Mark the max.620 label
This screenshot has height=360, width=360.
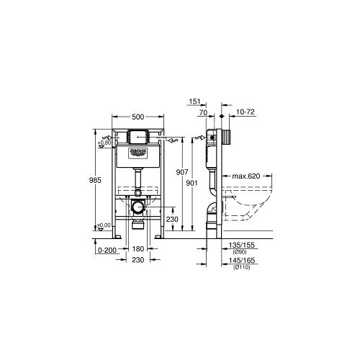click(x=246, y=175)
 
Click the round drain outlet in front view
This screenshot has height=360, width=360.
click(x=136, y=207)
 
